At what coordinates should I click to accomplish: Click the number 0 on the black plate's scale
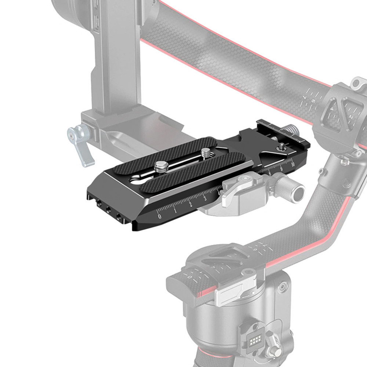[x=159, y=216]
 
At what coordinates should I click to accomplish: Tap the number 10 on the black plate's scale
[x=292, y=164]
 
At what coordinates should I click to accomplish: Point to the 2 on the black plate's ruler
[x=190, y=204]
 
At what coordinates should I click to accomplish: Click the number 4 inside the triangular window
[x=332, y=109]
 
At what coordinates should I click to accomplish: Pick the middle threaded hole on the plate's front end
[x=108, y=210]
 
